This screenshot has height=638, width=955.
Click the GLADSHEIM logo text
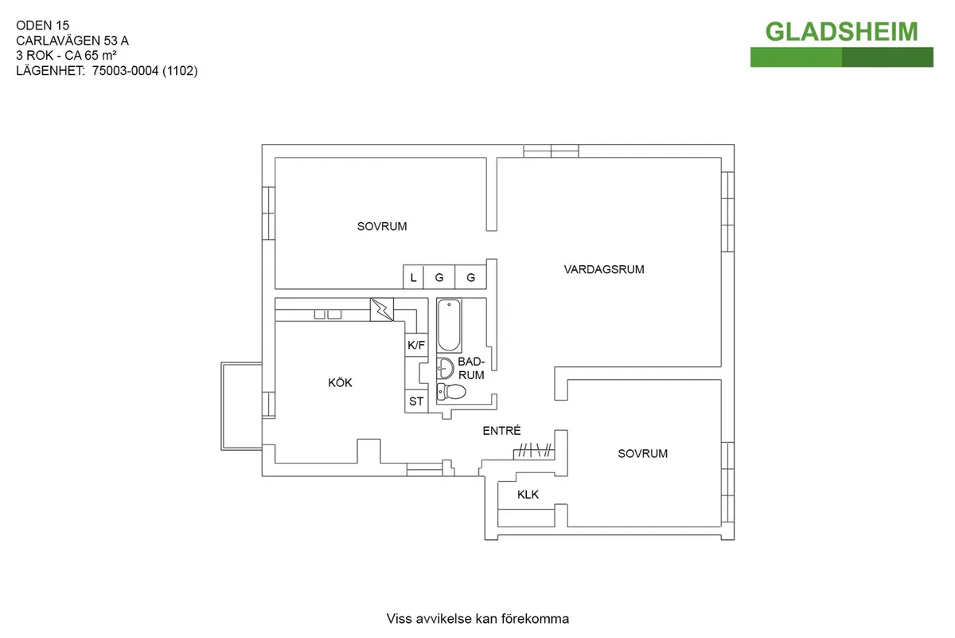841,31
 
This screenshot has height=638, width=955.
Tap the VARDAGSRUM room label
604,269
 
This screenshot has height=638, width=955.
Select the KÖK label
340,383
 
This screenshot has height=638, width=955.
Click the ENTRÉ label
501,431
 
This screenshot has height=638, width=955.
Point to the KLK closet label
528,495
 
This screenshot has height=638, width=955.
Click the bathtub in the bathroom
449,325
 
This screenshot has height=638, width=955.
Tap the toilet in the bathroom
452,391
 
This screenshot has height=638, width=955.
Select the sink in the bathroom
445,368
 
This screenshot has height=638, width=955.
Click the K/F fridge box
416,345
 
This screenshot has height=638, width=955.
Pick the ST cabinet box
416,401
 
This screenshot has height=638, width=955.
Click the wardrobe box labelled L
413,278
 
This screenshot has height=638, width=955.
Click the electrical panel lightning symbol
382,308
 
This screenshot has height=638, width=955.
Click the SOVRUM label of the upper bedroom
382,226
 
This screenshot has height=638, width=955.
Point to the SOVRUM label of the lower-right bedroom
643,454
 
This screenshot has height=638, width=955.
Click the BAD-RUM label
471,368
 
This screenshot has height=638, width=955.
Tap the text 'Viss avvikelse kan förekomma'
477,619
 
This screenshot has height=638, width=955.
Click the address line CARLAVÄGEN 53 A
72,41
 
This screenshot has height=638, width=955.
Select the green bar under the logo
841,57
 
